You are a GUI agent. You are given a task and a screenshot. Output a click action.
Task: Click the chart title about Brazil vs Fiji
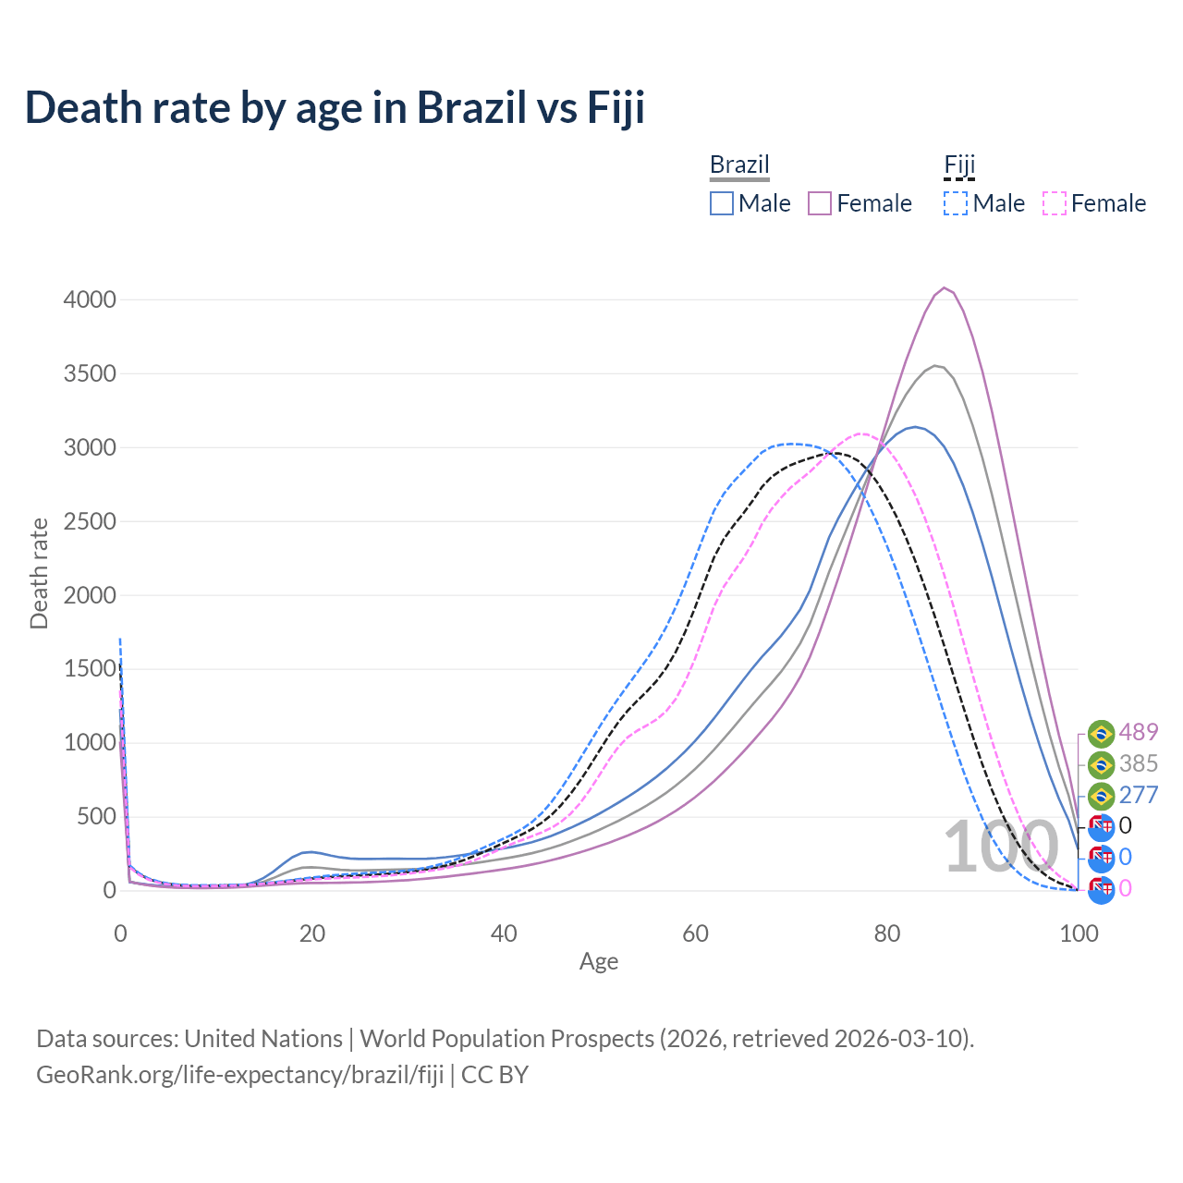(335, 107)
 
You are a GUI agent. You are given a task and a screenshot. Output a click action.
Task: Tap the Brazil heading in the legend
(739, 165)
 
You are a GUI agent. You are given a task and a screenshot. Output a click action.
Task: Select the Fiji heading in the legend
(959, 165)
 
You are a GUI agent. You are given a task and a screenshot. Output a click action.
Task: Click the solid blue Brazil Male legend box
(722, 203)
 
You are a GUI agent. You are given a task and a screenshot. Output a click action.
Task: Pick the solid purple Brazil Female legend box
(821, 203)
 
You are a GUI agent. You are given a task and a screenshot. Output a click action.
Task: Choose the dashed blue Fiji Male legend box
(956, 203)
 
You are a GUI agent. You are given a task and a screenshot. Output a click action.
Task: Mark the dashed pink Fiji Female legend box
(1055, 203)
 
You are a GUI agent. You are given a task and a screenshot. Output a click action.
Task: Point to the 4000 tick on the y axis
(90, 299)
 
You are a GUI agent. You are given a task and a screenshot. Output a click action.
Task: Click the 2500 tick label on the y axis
(90, 521)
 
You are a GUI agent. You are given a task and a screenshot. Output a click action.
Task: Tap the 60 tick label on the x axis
(696, 933)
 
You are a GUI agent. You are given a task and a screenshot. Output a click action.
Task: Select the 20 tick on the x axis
(312, 933)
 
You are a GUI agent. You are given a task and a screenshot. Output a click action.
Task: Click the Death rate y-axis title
(39, 573)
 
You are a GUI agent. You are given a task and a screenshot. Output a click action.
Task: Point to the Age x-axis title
(599, 961)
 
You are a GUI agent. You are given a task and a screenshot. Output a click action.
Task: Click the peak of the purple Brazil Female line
(944, 287)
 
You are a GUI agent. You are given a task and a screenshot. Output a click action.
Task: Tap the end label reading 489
(1138, 732)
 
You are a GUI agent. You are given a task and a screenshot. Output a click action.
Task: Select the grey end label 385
(1138, 763)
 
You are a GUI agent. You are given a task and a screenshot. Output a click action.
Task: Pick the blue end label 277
(1138, 795)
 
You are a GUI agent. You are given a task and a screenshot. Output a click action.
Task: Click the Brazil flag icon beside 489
(1101, 734)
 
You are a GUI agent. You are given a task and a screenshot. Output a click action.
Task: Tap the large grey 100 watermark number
(1001, 847)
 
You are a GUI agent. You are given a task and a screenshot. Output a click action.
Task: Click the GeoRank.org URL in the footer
(240, 1075)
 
